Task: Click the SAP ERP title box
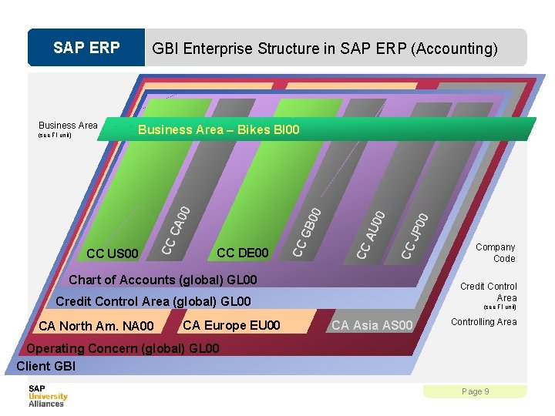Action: (86, 48)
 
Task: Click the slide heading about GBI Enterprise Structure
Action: (325, 49)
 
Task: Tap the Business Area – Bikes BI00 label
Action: (218, 129)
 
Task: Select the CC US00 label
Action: (113, 253)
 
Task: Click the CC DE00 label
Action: (243, 253)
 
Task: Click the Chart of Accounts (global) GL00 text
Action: (163, 280)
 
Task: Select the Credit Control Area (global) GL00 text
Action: (153, 301)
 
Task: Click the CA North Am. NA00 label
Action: (96, 326)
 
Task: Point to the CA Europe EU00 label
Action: (231, 324)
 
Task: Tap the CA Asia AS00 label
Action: (372, 325)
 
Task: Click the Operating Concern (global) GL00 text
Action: (123, 348)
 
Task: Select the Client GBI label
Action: (45, 366)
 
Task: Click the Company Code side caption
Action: (495, 253)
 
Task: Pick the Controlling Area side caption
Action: (483, 322)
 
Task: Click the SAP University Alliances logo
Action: (48, 395)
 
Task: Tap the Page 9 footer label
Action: (475, 391)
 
